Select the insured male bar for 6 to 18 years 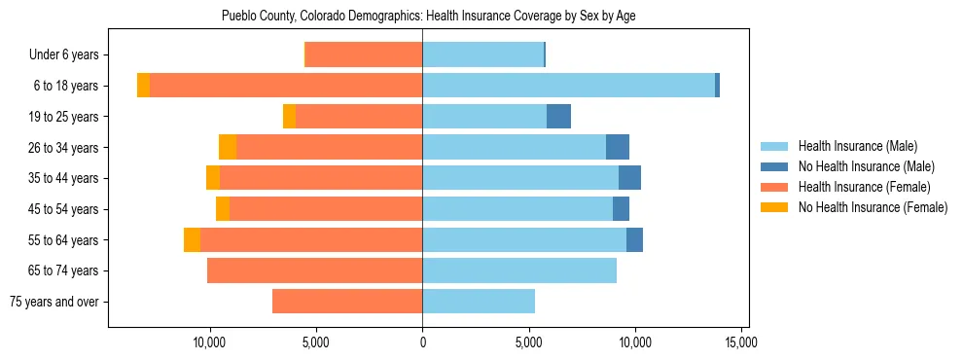point(568,86)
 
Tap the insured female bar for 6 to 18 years point(286,86)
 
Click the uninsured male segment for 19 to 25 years point(558,117)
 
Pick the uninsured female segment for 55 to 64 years point(192,240)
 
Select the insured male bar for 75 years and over point(479,302)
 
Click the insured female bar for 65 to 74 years point(314,270)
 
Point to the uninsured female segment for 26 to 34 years point(228,147)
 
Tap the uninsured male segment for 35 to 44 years point(629,178)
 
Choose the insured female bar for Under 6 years point(364,55)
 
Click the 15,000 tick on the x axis point(741,343)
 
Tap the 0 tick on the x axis point(422,343)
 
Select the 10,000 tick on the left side point(210,343)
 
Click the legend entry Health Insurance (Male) point(857,146)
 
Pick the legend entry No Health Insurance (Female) point(872,207)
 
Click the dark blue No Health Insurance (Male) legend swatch point(775,166)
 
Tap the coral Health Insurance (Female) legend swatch point(775,187)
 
